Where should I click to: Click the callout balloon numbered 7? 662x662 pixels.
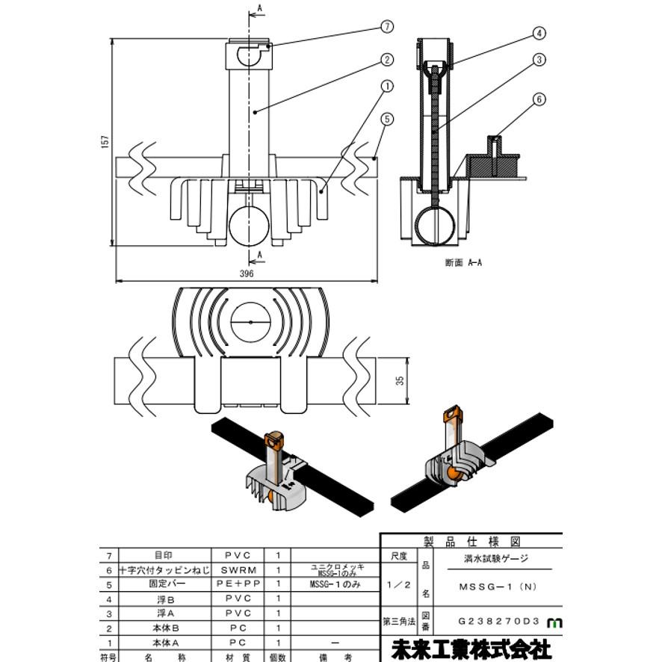(x=386, y=27)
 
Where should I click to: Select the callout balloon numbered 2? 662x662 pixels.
(x=386, y=59)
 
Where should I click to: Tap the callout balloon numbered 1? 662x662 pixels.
(x=386, y=87)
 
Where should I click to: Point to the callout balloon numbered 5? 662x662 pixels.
(x=386, y=118)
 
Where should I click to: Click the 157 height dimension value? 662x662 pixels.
(x=105, y=141)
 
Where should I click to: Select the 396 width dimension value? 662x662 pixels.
(x=247, y=274)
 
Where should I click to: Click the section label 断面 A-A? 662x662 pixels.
(x=463, y=263)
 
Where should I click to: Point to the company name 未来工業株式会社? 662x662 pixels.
(x=471, y=649)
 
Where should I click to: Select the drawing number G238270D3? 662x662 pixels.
(x=498, y=621)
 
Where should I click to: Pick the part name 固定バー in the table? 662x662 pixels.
(x=162, y=584)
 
